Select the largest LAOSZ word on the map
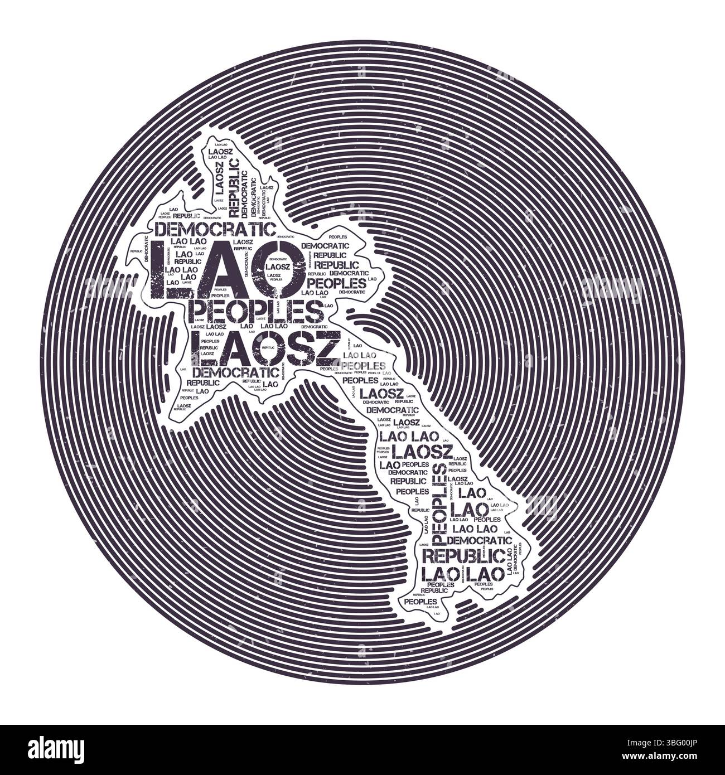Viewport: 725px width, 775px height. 264,347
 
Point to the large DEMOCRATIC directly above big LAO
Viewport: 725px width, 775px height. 215,229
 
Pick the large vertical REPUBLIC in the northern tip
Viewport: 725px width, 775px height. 234,187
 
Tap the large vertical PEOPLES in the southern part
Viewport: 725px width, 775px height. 440,505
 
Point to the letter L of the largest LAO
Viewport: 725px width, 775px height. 166,270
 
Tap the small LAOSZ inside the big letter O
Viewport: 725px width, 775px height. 277,267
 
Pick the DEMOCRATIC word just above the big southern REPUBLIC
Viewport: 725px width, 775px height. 479,540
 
